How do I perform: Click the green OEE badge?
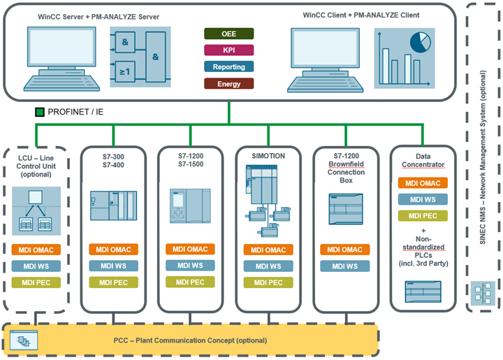[228, 33]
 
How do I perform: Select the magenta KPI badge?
[228, 50]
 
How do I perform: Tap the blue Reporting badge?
[228, 67]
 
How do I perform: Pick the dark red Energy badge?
[228, 84]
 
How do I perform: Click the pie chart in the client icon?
[420, 43]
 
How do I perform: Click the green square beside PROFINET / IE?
[40, 111]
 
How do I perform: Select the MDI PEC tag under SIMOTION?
[263, 282]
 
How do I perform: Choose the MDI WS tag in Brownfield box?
[342, 266]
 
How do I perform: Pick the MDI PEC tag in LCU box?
[36, 282]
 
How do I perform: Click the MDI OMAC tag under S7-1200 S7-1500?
[187, 250]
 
